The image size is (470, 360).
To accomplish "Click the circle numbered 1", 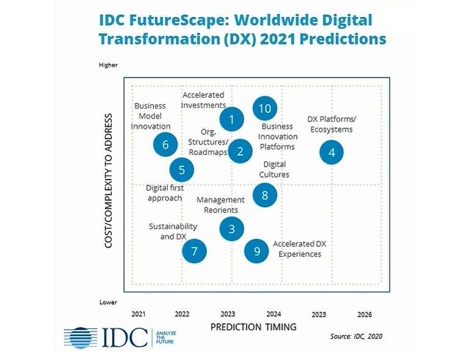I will pyautogui.click(x=231, y=118).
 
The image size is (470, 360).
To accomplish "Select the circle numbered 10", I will pyautogui.click(x=264, y=109).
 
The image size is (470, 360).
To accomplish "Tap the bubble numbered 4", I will pyautogui.click(x=331, y=153).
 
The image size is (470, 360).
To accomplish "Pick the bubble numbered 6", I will pyautogui.click(x=165, y=145).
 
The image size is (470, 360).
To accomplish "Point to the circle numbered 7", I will pyautogui.click(x=194, y=250).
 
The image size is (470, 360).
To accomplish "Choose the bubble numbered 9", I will pyautogui.click(x=256, y=250).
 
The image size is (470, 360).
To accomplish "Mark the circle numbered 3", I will pyautogui.click(x=231, y=229).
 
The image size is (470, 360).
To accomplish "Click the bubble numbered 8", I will pyautogui.click(x=264, y=195).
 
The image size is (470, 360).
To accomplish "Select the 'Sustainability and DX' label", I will pyautogui.click(x=173, y=231).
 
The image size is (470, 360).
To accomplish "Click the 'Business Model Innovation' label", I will pyautogui.click(x=150, y=116).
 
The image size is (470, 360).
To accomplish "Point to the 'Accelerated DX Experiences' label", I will pyautogui.click(x=300, y=249).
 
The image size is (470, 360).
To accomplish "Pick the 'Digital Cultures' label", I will pyautogui.click(x=274, y=169).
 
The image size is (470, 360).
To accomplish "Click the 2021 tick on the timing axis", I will pyautogui.click(x=139, y=314).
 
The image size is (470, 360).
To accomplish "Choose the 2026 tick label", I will pyautogui.click(x=364, y=315).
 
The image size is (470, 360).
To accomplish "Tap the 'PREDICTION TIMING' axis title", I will pyautogui.click(x=253, y=327).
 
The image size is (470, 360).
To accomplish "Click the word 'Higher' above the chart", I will pyautogui.click(x=108, y=65).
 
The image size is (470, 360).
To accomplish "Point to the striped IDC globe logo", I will pyautogui.click(x=81, y=337).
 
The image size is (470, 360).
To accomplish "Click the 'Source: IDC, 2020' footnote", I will pyautogui.click(x=356, y=336).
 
